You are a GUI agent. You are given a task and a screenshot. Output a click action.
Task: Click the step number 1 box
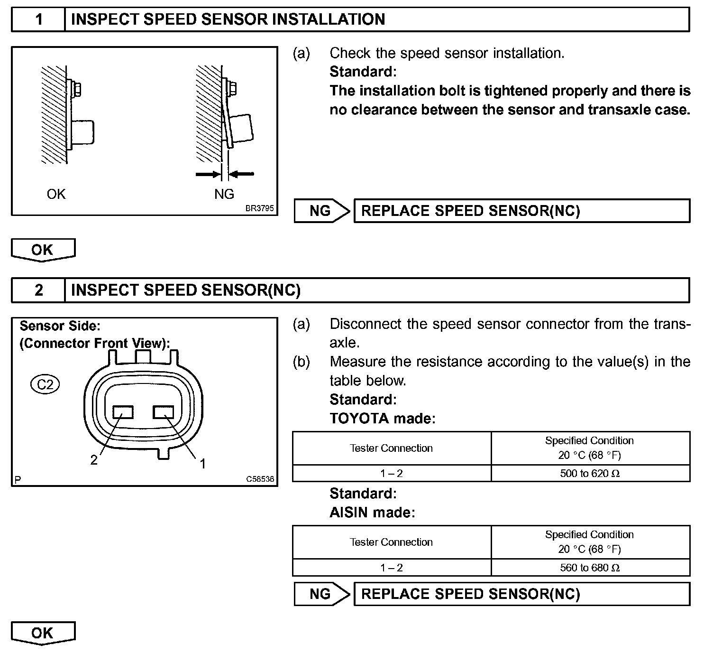click(x=38, y=19)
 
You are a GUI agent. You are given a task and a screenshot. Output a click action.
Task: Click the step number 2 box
click(x=38, y=290)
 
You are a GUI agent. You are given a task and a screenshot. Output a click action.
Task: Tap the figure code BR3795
click(x=259, y=208)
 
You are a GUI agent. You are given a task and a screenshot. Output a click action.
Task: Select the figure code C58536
click(x=260, y=479)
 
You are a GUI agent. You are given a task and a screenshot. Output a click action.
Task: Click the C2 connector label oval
click(x=45, y=384)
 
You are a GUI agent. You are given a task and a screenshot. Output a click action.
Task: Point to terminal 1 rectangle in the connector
click(x=163, y=412)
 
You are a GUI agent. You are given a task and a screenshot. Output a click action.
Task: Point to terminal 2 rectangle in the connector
click(x=123, y=412)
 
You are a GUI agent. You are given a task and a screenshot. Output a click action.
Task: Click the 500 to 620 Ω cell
click(x=590, y=473)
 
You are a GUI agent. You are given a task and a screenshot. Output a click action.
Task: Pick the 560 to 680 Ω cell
click(x=590, y=568)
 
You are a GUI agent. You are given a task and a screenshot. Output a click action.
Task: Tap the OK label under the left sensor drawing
click(x=56, y=194)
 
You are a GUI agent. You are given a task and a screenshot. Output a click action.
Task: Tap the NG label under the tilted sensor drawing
click(x=224, y=194)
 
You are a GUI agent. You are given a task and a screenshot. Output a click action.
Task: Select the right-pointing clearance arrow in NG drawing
click(x=208, y=174)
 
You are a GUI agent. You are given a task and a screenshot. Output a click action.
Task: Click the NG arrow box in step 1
click(x=321, y=211)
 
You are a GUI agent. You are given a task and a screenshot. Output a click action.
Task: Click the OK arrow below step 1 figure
click(x=43, y=250)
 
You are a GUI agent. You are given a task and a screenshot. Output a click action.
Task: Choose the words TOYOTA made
click(x=382, y=419)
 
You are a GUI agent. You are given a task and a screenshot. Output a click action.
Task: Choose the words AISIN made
click(x=372, y=513)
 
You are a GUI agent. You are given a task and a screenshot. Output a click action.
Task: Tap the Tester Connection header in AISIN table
click(x=391, y=542)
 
